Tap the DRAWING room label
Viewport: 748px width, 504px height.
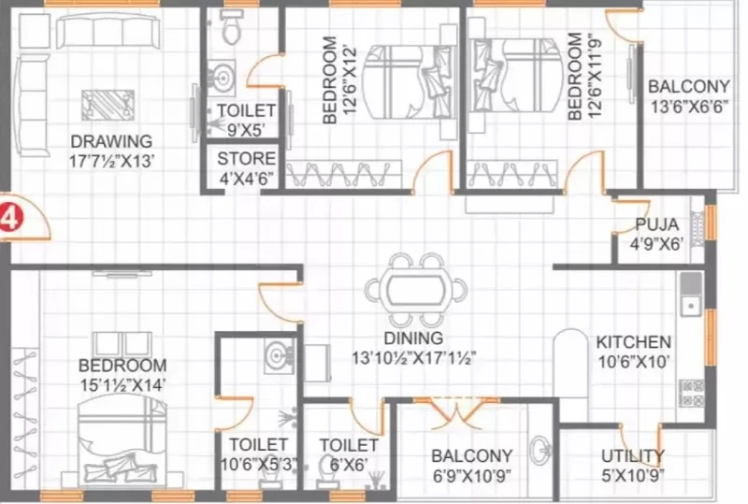point(111,142)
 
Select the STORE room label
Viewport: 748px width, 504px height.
point(246,158)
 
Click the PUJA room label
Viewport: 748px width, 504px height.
point(656,223)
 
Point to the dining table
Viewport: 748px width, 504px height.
point(415,289)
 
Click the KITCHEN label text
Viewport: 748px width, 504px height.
point(634,341)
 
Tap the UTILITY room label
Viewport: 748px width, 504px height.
point(633,455)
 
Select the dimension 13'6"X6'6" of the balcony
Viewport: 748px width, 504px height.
point(689,107)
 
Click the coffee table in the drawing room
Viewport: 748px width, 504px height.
point(108,105)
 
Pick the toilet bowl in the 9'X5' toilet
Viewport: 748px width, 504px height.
point(231,27)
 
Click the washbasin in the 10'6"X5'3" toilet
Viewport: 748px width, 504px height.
point(279,355)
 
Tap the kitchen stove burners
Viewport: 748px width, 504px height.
point(691,393)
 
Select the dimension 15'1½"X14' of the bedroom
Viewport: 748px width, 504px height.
point(122,385)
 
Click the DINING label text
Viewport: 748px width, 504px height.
point(413,338)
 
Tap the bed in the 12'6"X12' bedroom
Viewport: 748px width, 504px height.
point(410,81)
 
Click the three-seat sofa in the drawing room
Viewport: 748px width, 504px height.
point(108,31)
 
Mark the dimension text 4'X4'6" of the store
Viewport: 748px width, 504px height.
point(246,178)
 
